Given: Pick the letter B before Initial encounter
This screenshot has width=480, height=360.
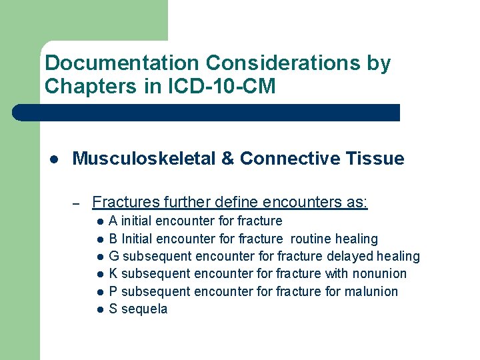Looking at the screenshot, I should point(113,239).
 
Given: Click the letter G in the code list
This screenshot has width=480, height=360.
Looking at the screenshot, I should point(114,256).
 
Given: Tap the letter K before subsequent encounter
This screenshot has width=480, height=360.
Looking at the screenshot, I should point(113,273).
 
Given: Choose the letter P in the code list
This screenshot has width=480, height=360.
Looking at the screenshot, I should point(113,291).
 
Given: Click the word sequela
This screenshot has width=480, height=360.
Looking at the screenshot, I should point(145,309).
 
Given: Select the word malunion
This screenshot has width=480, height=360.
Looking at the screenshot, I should point(372,291).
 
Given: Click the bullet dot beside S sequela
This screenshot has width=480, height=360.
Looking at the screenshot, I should point(99,309).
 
